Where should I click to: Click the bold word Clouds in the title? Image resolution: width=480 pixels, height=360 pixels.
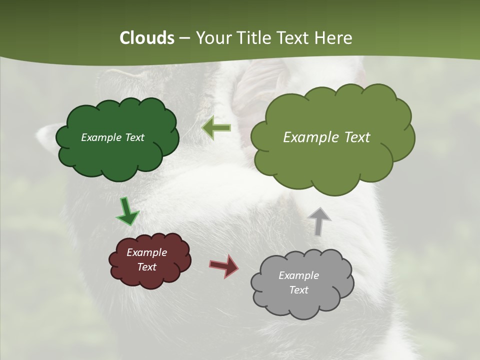click(146, 38)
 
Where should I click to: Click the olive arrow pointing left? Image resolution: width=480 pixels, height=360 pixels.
click(216, 128)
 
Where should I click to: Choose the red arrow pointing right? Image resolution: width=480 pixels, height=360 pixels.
click(223, 265)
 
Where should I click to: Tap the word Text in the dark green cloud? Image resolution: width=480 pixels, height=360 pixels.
click(134, 137)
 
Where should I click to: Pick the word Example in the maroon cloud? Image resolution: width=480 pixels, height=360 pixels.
click(146, 252)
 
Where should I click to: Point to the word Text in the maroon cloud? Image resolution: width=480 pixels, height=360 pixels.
click(147, 267)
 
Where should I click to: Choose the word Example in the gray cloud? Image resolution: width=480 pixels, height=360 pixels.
click(298, 275)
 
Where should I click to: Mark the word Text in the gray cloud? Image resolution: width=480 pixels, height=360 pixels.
click(299, 290)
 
